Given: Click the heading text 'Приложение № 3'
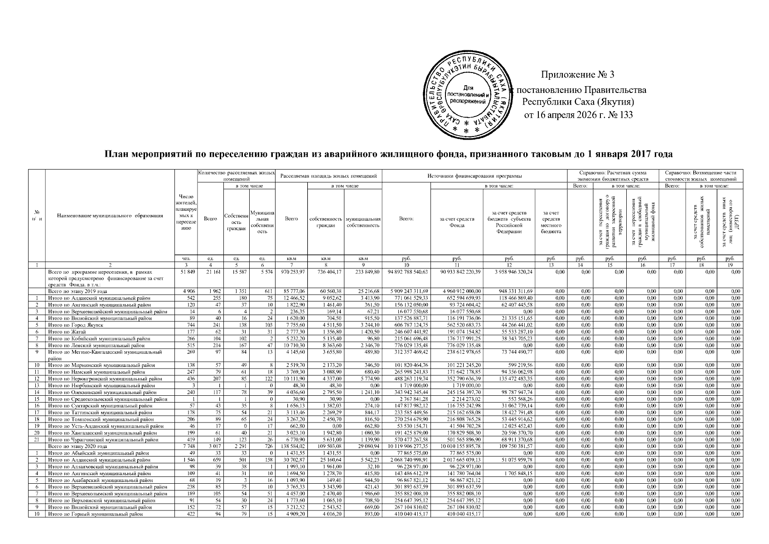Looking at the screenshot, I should (578, 74).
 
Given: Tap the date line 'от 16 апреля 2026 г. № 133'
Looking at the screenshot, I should (578, 115).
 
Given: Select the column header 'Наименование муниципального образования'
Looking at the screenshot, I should (110, 216).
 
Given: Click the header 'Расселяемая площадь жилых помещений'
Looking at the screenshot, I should (329, 175).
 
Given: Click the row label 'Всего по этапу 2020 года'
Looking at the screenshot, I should (77, 447).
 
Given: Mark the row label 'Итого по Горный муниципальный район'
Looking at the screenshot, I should (96, 514).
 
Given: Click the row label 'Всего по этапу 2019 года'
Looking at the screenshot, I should (77, 291).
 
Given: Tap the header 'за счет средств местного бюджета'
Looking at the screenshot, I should (551, 222).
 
